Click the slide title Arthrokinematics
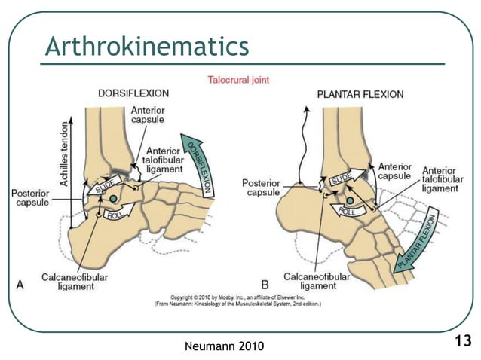[146, 47]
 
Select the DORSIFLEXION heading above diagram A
[133, 93]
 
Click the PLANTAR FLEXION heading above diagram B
[360, 95]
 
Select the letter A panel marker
[20, 285]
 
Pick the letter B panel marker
[265, 285]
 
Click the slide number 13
[462, 341]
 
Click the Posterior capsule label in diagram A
[30, 198]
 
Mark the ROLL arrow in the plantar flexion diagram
[348, 212]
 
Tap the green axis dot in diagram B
[350, 200]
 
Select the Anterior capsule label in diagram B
[394, 171]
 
